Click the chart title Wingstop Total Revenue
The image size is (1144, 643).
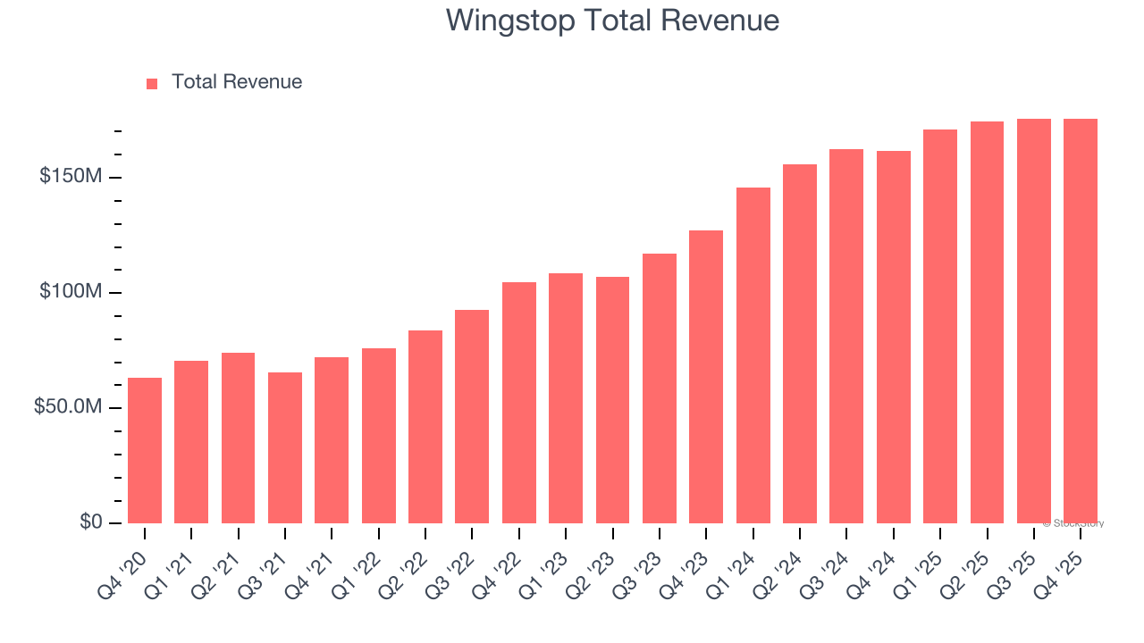pyautogui.click(x=612, y=21)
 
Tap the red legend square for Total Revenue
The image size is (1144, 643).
pyautogui.click(x=152, y=83)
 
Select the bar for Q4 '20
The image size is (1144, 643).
pyautogui.click(x=145, y=451)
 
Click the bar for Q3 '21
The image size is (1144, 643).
pyautogui.click(x=285, y=448)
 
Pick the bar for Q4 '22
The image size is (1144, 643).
pyautogui.click(x=519, y=403)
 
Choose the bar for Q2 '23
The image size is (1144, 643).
pyautogui.click(x=612, y=400)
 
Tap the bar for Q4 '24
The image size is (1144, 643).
pyautogui.click(x=894, y=338)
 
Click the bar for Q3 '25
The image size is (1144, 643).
pyautogui.click(x=1034, y=321)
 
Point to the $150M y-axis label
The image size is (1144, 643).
pyautogui.click(x=70, y=177)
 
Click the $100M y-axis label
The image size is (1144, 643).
pyautogui.click(x=70, y=292)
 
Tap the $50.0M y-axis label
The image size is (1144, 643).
pyautogui.click(x=68, y=407)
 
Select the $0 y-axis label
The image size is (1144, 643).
pyautogui.click(x=91, y=522)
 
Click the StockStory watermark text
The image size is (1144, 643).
pyautogui.click(x=1074, y=523)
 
